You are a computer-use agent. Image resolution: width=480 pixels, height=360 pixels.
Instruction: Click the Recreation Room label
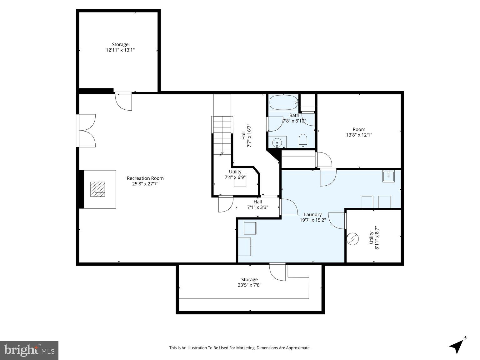(145, 178)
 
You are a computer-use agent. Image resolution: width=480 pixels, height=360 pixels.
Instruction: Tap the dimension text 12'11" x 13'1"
(120, 50)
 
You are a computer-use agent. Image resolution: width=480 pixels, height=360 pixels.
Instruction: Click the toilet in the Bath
(303, 140)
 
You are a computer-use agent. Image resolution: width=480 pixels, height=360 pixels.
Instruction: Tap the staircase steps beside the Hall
(222, 134)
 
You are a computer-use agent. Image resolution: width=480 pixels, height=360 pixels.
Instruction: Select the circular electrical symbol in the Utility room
(353, 239)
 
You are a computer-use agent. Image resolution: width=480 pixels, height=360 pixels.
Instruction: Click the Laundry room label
(313, 214)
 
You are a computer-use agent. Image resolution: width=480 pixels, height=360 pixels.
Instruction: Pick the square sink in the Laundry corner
(388, 176)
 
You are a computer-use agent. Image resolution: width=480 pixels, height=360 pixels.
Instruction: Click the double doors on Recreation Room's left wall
(86, 131)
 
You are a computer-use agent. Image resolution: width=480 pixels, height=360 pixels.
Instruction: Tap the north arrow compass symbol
(457, 345)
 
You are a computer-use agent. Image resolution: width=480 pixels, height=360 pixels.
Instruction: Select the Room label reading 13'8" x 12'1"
(359, 132)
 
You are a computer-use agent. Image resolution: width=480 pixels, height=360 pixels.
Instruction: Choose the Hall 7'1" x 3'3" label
(258, 204)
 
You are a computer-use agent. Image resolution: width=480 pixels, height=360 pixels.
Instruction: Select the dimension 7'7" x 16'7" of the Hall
(249, 136)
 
